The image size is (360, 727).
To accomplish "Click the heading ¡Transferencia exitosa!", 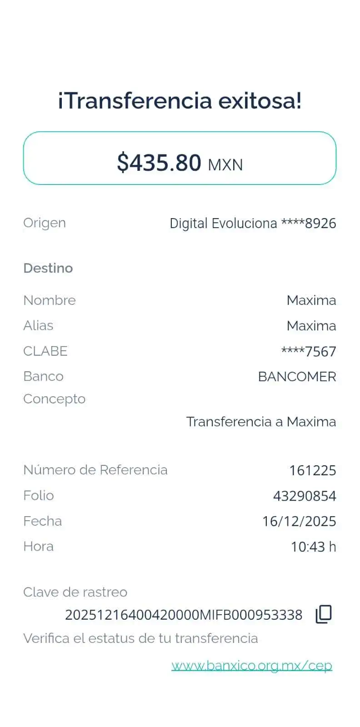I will click(180, 100).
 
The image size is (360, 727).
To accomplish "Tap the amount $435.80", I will click(159, 162).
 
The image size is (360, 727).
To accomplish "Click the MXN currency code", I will click(225, 164).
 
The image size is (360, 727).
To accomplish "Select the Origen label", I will click(44, 223).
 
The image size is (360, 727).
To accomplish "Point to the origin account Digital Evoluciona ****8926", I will click(253, 223).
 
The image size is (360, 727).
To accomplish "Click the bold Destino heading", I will click(48, 268).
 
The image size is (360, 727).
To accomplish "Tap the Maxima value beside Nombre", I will click(311, 300).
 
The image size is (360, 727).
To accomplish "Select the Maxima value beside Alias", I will click(311, 326).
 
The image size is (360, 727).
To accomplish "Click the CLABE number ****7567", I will click(309, 351).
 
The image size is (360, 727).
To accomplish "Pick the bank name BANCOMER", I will click(297, 377).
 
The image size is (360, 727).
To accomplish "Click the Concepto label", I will click(54, 399).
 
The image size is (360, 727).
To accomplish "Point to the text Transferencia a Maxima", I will click(261, 422).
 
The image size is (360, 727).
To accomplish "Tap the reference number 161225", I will click(313, 470).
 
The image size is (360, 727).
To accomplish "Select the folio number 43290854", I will click(305, 496).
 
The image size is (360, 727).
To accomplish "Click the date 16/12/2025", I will click(299, 521).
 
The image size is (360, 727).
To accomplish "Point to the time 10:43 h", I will click(313, 547).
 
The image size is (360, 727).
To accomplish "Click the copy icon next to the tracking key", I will click(324, 614).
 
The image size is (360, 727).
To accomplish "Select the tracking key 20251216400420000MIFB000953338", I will click(184, 615).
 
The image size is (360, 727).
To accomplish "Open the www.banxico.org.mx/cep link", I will click(252, 666).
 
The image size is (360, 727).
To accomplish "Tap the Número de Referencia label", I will click(95, 470).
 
